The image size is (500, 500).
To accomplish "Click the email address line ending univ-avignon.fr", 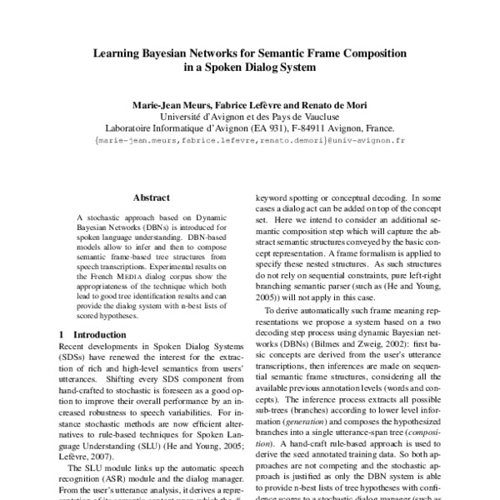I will point(249,142).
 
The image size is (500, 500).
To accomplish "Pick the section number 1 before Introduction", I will point(62,333).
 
